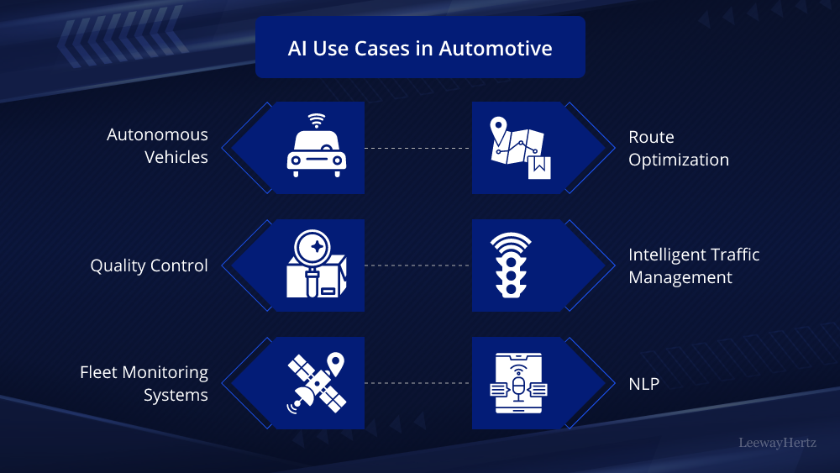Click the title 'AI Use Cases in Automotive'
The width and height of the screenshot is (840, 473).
[x=420, y=48]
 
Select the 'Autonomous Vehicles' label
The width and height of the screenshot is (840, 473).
[x=157, y=145]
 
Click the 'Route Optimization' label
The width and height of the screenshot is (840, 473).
[x=679, y=148]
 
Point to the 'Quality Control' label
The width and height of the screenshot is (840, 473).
[x=149, y=265]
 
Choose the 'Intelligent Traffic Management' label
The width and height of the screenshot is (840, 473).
[x=694, y=265]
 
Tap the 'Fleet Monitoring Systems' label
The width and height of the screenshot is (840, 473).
[x=144, y=383]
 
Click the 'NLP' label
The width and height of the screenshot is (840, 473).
[x=644, y=384]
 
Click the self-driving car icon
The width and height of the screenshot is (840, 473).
[x=316, y=152]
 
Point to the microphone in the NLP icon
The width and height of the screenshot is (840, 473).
[x=518, y=387]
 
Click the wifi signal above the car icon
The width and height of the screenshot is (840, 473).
[x=316, y=119]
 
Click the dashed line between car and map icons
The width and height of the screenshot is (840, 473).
[x=417, y=148]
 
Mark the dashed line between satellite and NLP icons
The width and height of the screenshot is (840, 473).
[x=417, y=383]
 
